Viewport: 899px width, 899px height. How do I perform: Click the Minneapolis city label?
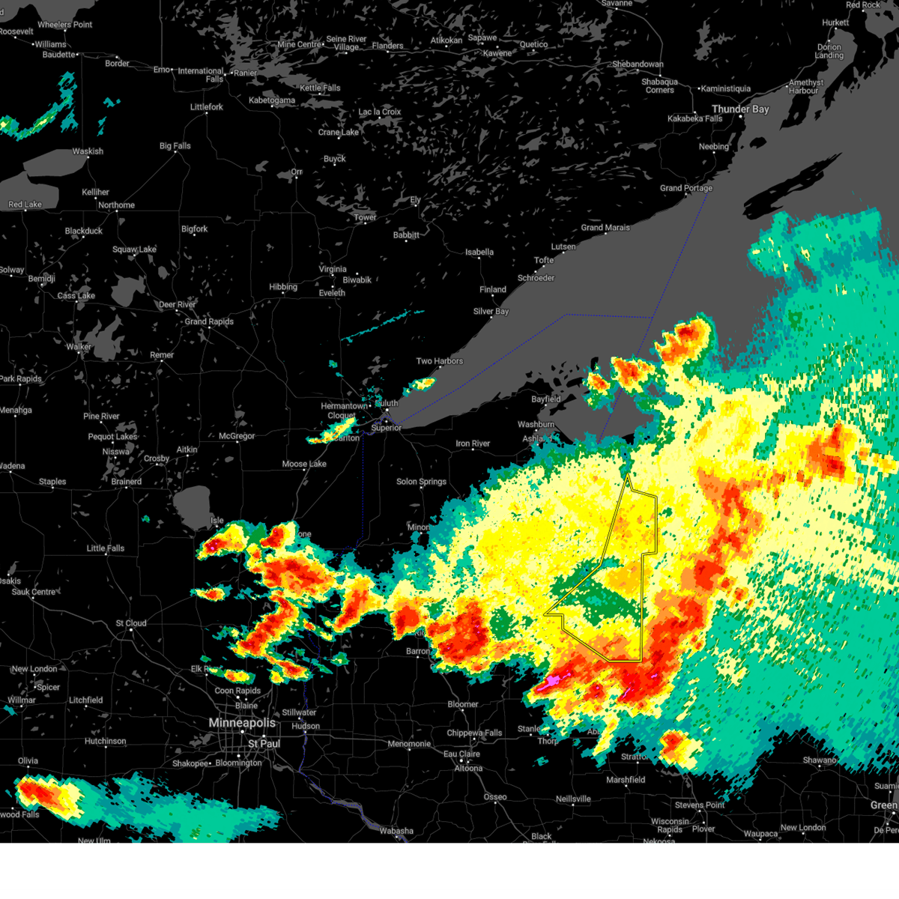coord(242,723)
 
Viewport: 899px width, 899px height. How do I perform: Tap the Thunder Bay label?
coord(740,109)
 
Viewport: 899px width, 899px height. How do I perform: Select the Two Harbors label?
coord(440,361)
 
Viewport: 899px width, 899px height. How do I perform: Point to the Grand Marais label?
coord(605,228)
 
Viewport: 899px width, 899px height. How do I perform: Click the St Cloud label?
coord(131,623)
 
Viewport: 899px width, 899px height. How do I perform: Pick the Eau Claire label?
coord(461,754)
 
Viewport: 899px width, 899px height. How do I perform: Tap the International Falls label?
coord(201,75)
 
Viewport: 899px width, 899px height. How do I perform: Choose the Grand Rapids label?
coord(209,321)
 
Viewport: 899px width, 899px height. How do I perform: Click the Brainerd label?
coord(127,482)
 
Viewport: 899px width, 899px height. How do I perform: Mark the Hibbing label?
coord(283,287)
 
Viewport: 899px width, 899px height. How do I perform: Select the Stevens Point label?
coord(700,805)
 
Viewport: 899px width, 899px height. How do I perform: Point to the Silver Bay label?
coord(491,312)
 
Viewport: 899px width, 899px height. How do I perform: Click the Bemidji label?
coord(42,279)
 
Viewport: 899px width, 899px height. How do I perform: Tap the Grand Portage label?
coord(686,188)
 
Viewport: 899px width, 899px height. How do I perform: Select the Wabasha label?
coord(396,831)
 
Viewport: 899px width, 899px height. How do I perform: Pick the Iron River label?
coord(473,444)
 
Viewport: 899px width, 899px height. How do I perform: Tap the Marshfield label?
coord(626,780)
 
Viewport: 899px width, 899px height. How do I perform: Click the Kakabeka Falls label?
coord(695,118)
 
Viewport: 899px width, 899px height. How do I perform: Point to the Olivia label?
coord(28,761)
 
